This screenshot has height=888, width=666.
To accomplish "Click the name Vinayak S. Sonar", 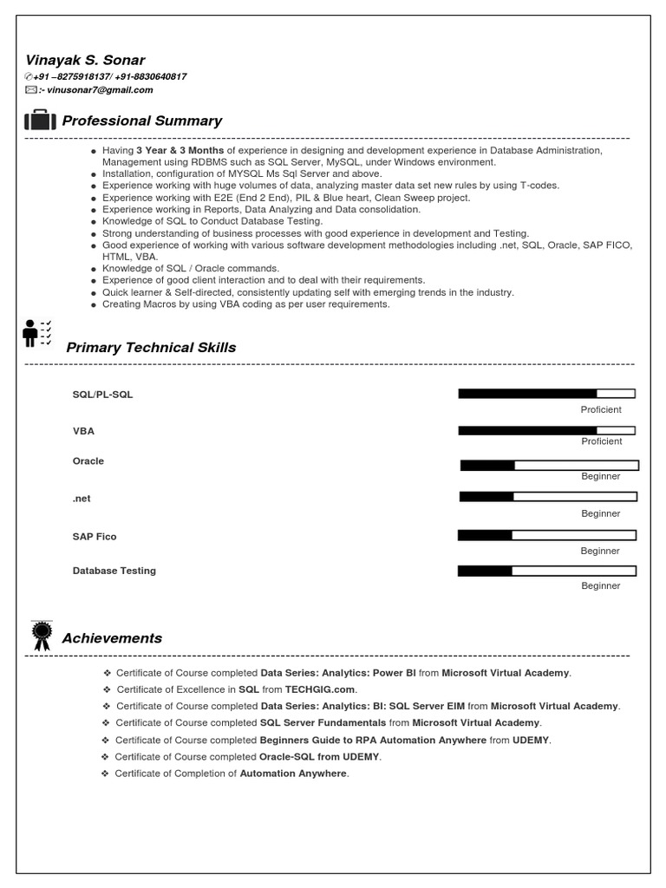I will [x=85, y=60].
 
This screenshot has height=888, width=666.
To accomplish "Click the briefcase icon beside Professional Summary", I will [x=40, y=121].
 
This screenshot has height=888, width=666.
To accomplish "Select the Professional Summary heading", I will [x=141, y=121].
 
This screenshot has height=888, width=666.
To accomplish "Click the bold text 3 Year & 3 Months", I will [x=180, y=150].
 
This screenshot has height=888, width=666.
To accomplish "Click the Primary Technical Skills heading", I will [x=151, y=348].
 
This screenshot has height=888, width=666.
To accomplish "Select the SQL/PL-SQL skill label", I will [x=102, y=395].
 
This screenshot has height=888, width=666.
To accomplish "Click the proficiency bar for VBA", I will [x=546, y=430].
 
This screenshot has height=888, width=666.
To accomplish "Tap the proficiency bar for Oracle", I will [x=549, y=466].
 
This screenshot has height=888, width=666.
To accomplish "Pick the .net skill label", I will [x=82, y=499].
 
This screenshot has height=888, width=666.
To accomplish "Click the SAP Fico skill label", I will [x=94, y=537].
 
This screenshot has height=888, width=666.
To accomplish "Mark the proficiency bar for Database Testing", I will [x=546, y=571].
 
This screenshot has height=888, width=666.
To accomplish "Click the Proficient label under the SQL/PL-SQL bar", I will [x=601, y=409].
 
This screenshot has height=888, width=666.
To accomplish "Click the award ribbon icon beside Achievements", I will [x=41, y=636].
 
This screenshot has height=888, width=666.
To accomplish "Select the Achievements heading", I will [x=112, y=638].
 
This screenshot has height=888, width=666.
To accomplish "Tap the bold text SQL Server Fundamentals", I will [x=323, y=722].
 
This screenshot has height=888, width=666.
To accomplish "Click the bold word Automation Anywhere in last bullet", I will [x=293, y=774].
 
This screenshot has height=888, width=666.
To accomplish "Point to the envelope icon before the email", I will [x=31, y=89].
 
